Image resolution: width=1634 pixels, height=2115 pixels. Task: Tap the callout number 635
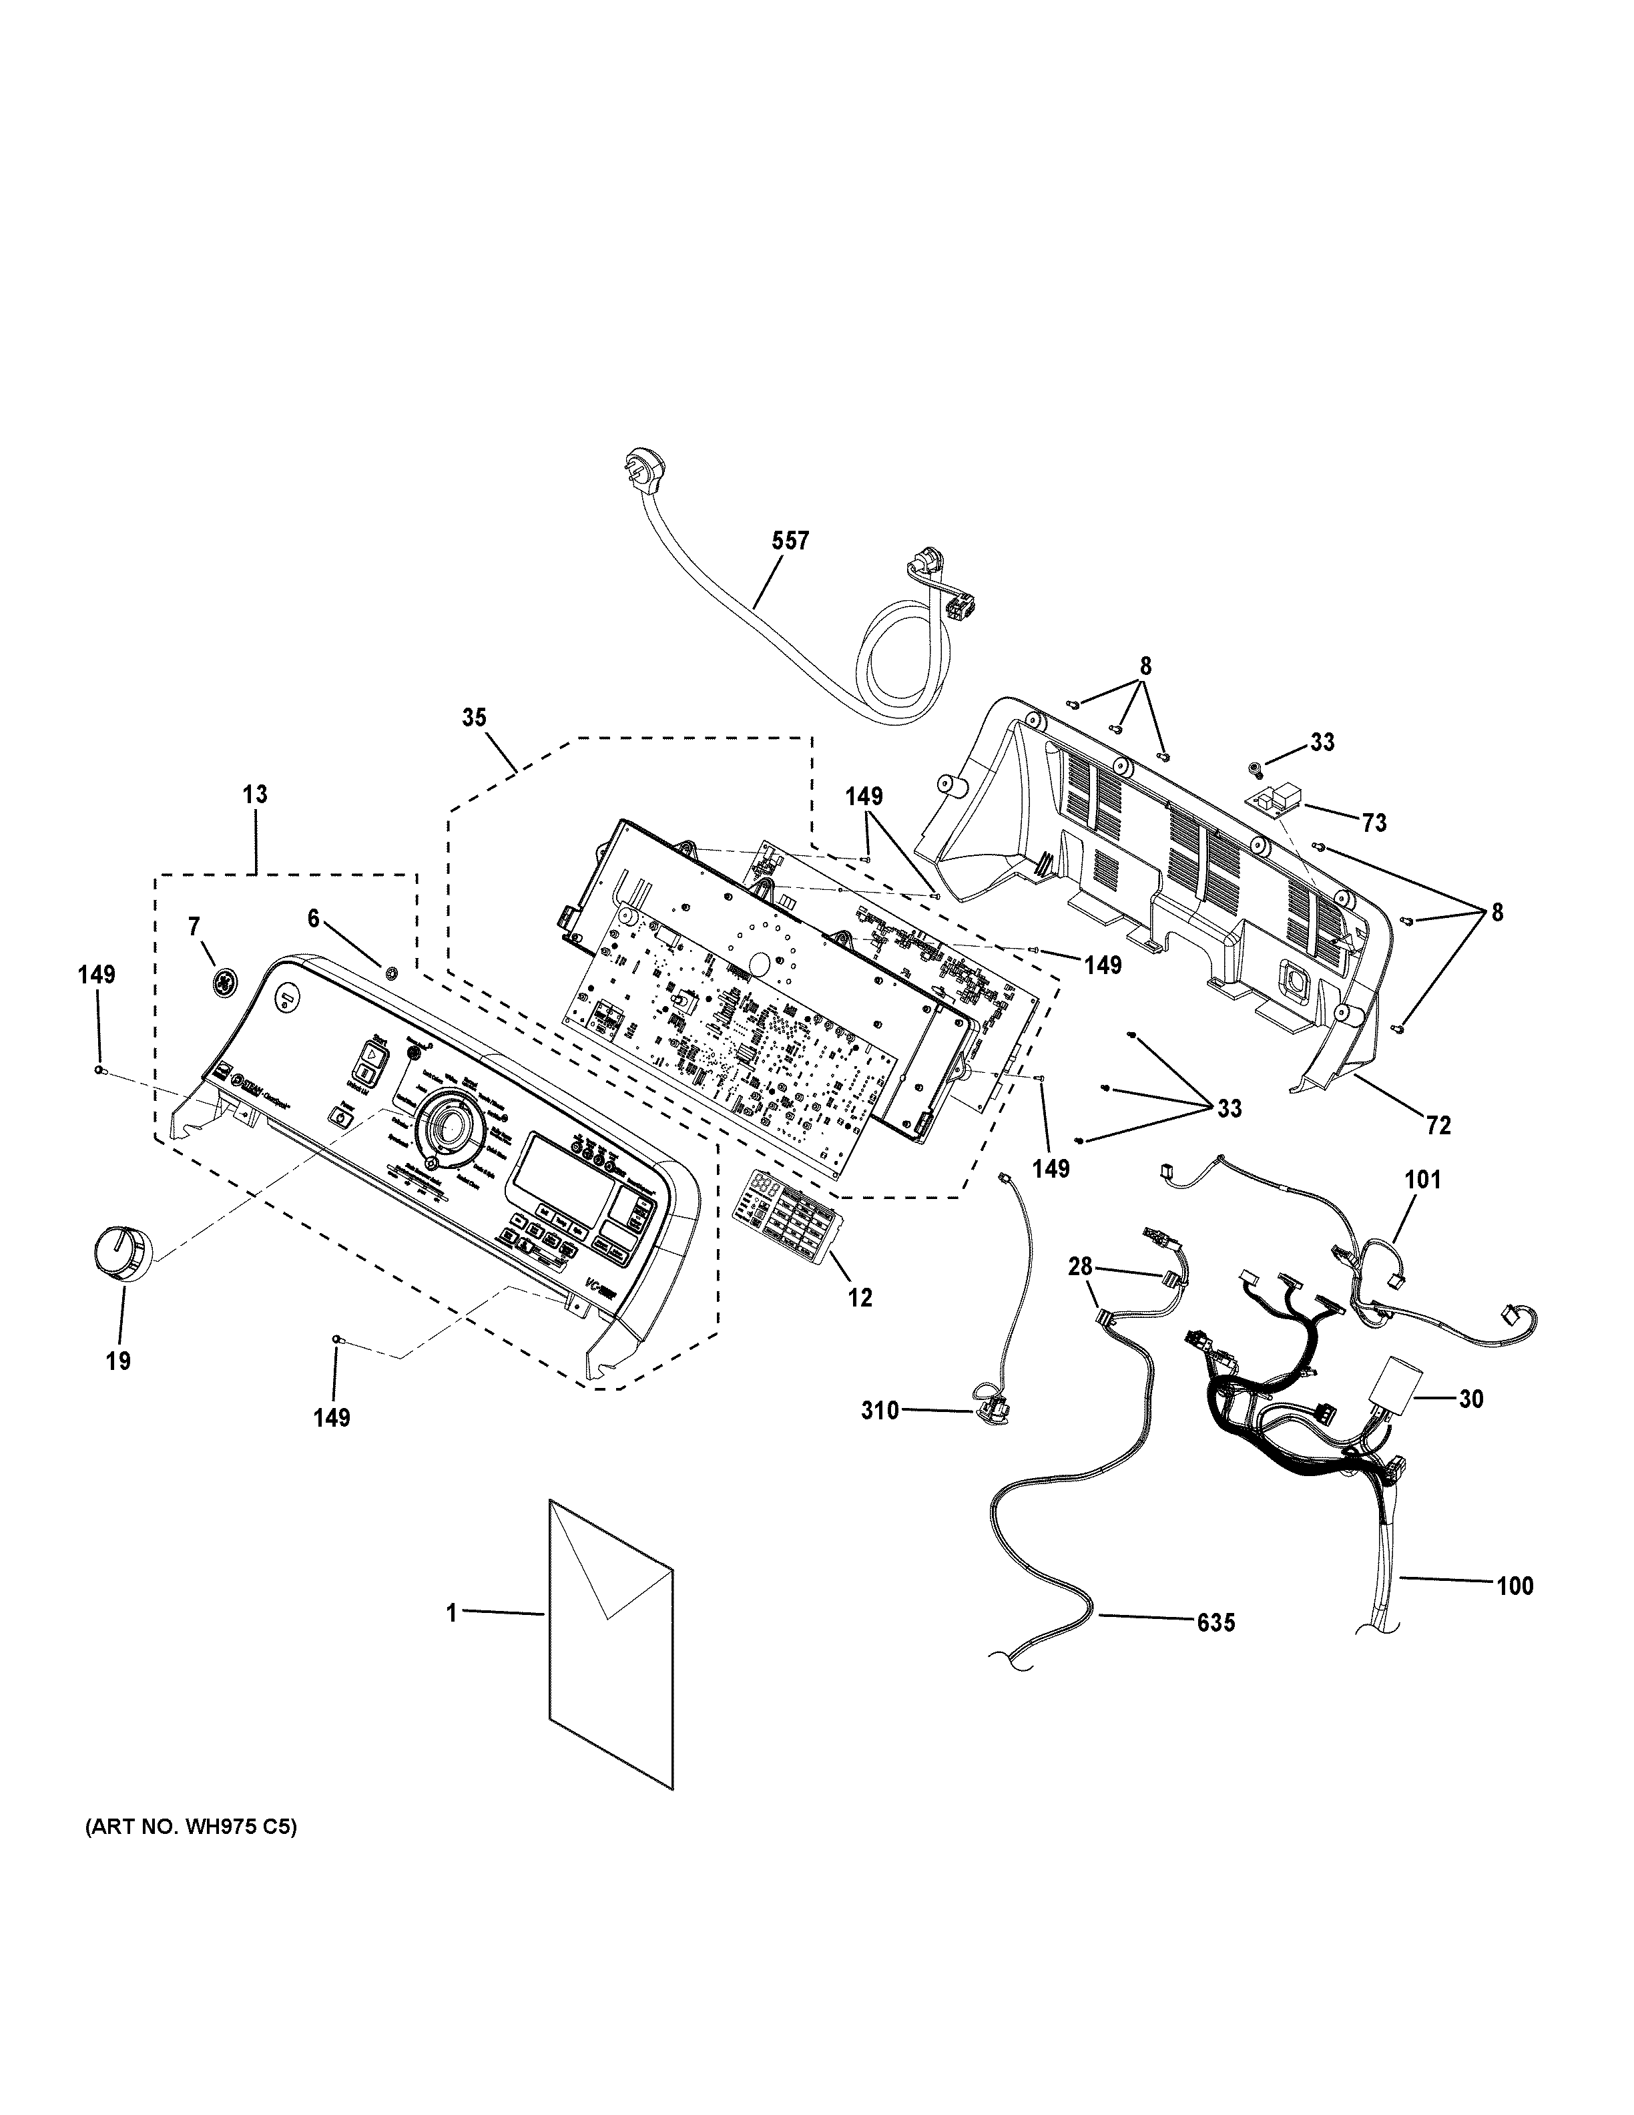coord(1215,1621)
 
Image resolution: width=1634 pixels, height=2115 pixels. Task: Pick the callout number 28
coord(1080,1266)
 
